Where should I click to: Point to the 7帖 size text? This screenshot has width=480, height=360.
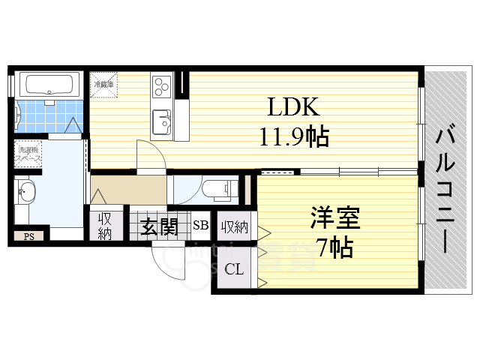pyautogui.click(x=334, y=247)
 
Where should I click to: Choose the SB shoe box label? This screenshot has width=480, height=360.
pyautogui.click(x=200, y=224)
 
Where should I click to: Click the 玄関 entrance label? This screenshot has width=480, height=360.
pyautogui.click(x=159, y=225)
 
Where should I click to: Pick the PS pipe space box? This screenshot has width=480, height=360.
pyautogui.click(x=29, y=237)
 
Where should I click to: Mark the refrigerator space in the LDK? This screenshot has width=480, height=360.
pyautogui.click(x=104, y=83)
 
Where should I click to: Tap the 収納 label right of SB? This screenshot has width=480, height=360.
pyautogui.click(x=233, y=225)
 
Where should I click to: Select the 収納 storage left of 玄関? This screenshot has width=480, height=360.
pyautogui.click(x=104, y=225)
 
